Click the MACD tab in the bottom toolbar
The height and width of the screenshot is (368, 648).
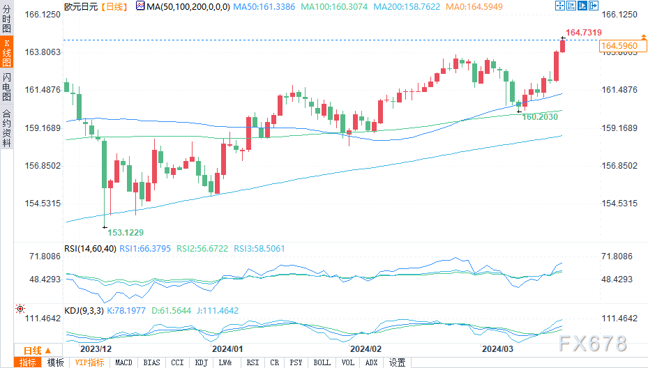123,362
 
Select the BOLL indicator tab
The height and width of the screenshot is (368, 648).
322,362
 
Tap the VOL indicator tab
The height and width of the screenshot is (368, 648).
347,362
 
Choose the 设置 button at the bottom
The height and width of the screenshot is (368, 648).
398,362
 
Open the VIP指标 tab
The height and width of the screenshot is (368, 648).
89,362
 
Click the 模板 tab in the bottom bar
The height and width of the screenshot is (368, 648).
55,362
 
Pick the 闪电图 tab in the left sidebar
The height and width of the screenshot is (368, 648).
6,86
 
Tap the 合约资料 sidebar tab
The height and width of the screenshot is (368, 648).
6,128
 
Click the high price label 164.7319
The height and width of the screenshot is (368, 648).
584,33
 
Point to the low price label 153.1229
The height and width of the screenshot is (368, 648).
126,232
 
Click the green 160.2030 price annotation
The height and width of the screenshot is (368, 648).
540,117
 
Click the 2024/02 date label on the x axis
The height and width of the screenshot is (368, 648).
366,348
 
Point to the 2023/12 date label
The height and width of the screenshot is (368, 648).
96,348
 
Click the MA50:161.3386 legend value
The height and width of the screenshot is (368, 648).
264,6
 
